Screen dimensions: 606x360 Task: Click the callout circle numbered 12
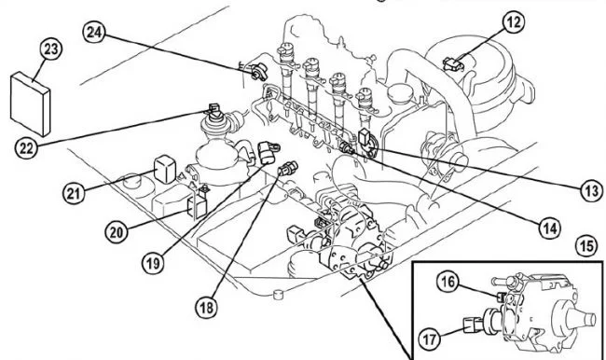pyautogui.click(x=514, y=21)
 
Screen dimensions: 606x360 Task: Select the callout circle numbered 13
pyautogui.click(x=592, y=190)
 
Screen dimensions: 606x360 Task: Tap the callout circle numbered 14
pyautogui.click(x=549, y=228)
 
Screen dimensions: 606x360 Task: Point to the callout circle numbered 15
pyautogui.click(x=587, y=245)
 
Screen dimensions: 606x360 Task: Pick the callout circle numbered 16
pyautogui.click(x=448, y=282)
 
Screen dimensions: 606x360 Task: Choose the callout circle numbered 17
pyautogui.click(x=430, y=339)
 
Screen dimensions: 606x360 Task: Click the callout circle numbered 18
pyautogui.click(x=206, y=308)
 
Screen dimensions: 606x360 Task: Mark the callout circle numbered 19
pyautogui.click(x=153, y=263)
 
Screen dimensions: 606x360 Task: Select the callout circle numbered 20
pyautogui.click(x=117, y=232)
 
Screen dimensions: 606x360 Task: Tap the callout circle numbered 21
pyautogui.click(x=74, y=193)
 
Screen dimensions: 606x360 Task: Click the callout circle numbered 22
pyautogui.click(x=26, y=147)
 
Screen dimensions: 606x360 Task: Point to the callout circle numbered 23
pyautogui.click(x=51, y=48)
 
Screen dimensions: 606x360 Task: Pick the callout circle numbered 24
pyautogui.click(x=94, y=32)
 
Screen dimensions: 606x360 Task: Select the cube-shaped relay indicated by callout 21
pyautogui.click(x=165, y=169)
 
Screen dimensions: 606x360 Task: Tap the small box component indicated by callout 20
pyautogui.click(x=197, y=207)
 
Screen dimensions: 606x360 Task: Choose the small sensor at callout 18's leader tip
pyautogui.click(x=288, y=168)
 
